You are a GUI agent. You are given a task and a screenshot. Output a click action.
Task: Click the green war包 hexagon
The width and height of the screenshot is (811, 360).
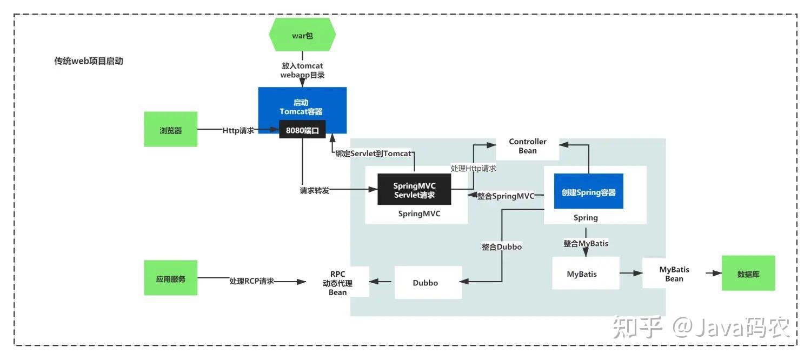click(x=302, y=35)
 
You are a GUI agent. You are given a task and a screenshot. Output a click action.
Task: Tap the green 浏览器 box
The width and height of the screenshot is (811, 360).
click(x=170, y=130)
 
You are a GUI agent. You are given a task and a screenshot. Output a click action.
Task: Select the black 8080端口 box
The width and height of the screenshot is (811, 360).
click(x=302, y=130)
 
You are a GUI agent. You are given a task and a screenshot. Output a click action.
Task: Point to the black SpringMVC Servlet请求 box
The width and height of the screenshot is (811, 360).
click(x=414, y=190)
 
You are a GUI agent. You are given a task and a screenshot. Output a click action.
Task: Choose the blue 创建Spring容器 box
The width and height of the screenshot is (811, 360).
click(x=588, y=192)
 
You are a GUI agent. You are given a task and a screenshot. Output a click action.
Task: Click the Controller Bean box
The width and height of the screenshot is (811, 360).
click(x=528, y=146)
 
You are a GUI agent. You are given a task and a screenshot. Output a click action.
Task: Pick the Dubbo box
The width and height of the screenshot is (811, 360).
click(x=428, y=283)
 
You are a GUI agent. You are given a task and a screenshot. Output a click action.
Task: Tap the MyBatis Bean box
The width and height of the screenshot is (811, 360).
click(x=674, y=274)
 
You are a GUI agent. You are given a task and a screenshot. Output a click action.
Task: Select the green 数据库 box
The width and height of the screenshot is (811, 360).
click(x=748, y=274)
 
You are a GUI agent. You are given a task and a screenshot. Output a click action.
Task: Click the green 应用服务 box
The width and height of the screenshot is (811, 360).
click(x=170, y=279)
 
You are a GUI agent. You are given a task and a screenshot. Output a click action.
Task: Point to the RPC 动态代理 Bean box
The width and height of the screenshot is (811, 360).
click(x=337, y=283)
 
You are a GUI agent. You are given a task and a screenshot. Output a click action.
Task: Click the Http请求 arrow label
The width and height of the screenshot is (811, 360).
click(x=238, y=130)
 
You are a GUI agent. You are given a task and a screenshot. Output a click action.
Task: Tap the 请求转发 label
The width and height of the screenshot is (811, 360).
click(x=315, y=190)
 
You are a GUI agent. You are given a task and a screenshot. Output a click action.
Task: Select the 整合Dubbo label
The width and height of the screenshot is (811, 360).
click(x=502, y=246)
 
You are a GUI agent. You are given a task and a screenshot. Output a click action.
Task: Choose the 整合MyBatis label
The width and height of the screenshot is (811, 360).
click(x=586, y=243)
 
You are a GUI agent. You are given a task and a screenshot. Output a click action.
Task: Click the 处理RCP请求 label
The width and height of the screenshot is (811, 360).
click(x=251, y=281)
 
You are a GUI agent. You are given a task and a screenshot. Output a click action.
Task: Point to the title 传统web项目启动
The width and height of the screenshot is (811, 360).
click(x=89, y=61)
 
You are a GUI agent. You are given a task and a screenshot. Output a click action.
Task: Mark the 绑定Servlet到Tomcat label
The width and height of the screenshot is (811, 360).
click(x=373, y=153)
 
